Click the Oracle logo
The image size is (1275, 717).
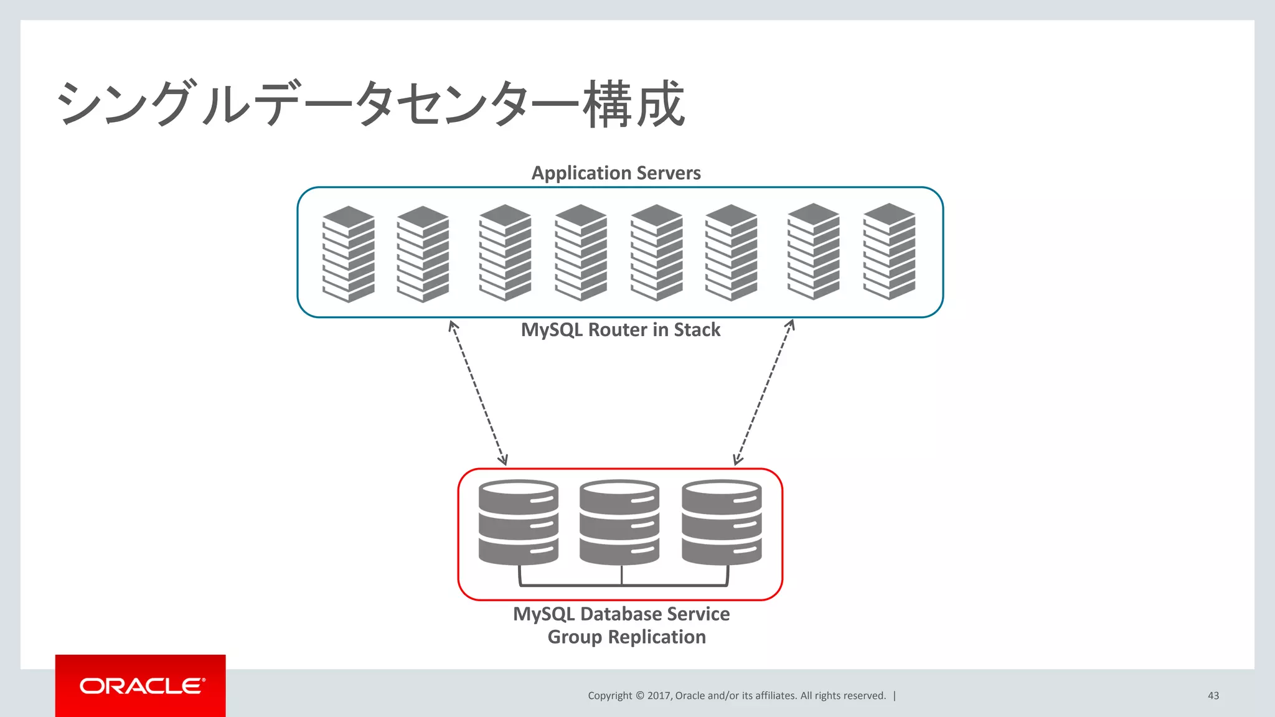141,686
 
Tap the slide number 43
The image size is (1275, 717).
1213,696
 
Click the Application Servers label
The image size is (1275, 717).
616,173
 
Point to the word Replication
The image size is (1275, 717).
657,637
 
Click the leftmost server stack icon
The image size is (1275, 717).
349,254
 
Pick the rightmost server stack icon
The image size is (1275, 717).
889,251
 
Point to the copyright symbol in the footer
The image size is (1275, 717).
639,696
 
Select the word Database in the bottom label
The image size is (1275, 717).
619,614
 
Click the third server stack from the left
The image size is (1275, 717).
505,253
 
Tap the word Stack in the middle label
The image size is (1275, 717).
697,330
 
